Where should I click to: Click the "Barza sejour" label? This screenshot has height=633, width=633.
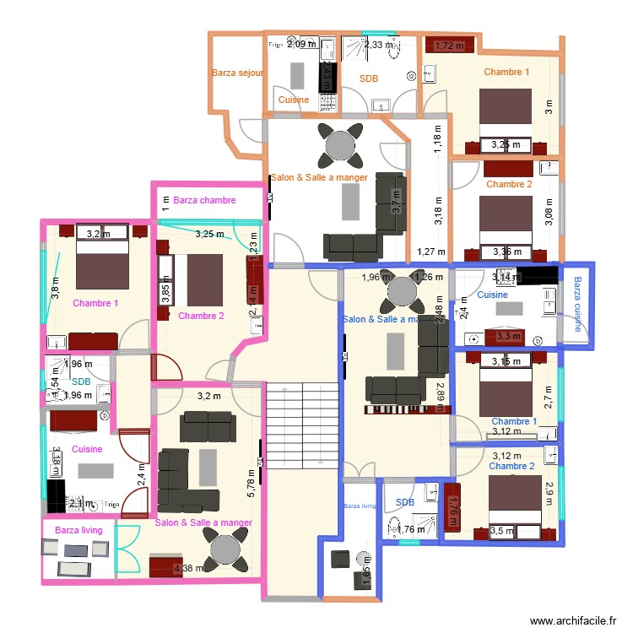pos(238,73)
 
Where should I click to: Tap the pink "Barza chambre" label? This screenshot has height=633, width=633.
pos(204,201)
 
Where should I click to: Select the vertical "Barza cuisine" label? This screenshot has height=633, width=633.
pos(577,305)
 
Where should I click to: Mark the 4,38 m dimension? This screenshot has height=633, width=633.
pos(188,569)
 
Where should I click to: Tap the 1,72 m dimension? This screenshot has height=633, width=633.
pos(450,46)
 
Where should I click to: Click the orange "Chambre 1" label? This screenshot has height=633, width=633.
pos(506,72)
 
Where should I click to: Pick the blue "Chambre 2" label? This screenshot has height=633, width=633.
pos(511,466)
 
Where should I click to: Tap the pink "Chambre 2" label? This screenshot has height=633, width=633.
pos(201,316)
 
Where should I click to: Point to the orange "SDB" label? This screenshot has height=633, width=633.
pos(369,78)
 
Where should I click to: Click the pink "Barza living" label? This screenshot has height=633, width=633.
pos(78,530)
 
